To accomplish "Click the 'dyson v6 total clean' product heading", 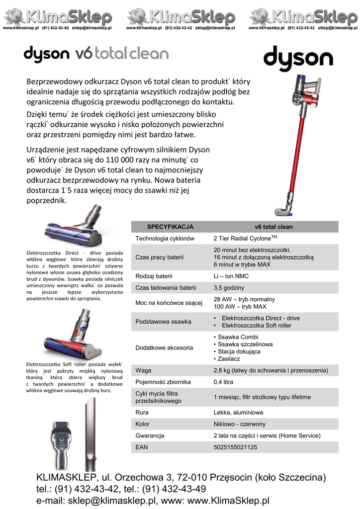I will pyautogui.click(x=96, y=54).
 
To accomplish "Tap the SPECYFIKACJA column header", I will pyautogui.click(x=170, y=227).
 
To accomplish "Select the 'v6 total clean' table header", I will pyautogui.click(x=273, y=227).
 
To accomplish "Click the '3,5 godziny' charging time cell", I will pyautogui.click(x=229, y=288).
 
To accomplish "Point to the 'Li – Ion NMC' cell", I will pyautogui.click(x=231, y=276).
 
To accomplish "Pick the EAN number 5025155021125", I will pyautogui.click(x=235, y=447).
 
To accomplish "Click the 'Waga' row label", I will pyautogui.click(x=143, y=370).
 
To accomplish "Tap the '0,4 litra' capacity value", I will pyautogui.click(x=223, y=382).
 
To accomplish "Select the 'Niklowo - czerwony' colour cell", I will pyautogui.click(x=239, y=424).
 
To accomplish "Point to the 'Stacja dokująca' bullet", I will pyautogui.click(x=239, y=351).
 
